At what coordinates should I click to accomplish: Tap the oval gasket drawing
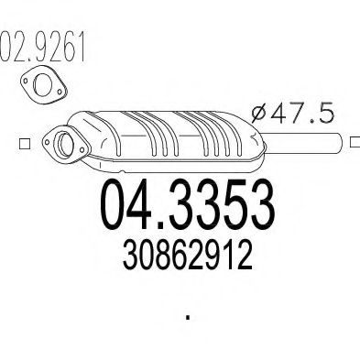pyautogui.click(x=38, y=86)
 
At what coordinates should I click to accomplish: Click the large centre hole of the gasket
pyautogui.click(x=38, y=86)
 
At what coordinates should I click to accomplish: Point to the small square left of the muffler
pyautogui.click(x=23, y=145)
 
